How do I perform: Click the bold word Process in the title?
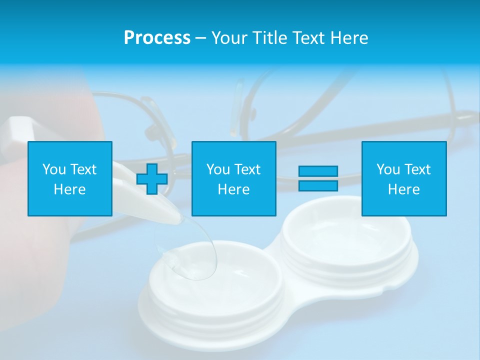coord(157,38)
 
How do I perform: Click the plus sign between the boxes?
coord(152,179)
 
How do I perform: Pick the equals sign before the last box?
coord(318,178)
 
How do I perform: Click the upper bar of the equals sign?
coord(318,171)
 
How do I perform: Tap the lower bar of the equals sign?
coord(318,185)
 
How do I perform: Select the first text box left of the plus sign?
coord(70,178)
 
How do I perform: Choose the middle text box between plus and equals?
coord(233,178)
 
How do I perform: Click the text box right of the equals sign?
coord(404,178)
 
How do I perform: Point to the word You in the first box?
coord(54,169)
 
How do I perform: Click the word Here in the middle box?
coord(233,189)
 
